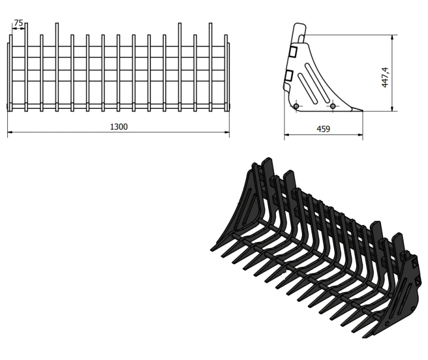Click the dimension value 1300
pyautogui.click(x=119, y=127)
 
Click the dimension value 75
pyautogui.click(x=18, y=23)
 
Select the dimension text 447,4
pyautogui.click(x=385, y=77)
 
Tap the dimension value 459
pyautogui.click(x=323, y=129)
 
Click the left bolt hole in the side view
pyautogui.click(x=296, y=106)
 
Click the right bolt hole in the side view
pyautogui.click(x=333, y=106)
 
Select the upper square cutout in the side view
pyautogui.click(x=293, y=52)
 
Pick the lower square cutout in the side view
pyautogui.click(x=288, y=76)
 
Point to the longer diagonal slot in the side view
pyautogui.click(x=317, y=83)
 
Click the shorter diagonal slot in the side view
pyautogui.click(x=307, y=88)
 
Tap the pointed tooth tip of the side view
pyautogui.click(x=362, y=111)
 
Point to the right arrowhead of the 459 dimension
pyautogui.click(x=361, y=134)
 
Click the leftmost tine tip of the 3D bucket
pyautogui.click(x=212, y=249)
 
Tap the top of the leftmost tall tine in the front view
pyautogui.click(x=26, y=24)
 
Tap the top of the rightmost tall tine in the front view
pyautogui.click(x=210, y=24)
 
